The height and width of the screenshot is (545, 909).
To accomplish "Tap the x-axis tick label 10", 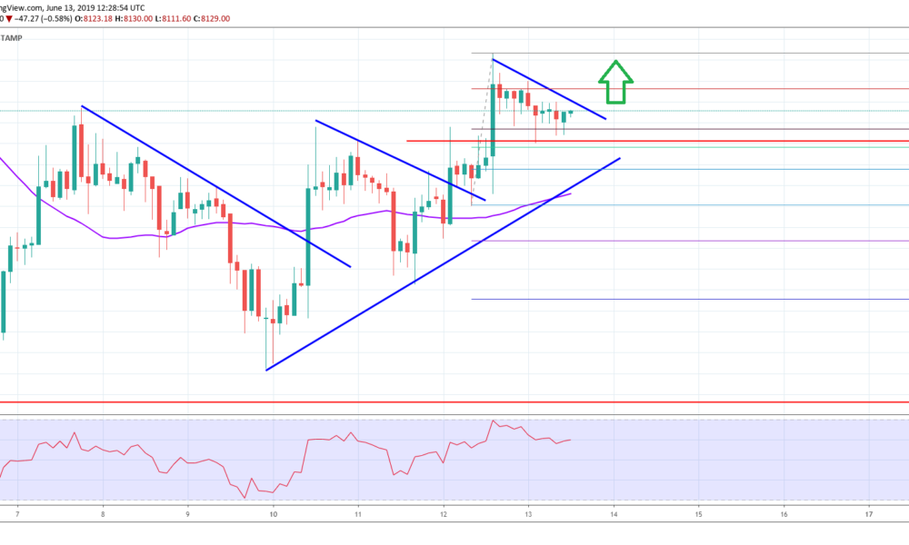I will click(x=273, y=514).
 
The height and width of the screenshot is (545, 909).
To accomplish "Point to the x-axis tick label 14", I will click(x=614, y=514).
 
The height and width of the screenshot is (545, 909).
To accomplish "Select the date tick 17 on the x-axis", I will click(x=870, y=514).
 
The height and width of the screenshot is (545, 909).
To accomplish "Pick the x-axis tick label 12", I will click(x=444, y=514).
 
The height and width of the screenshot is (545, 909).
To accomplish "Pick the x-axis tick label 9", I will click(x=187, y=514).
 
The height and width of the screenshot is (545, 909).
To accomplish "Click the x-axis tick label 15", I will click(x=699, y=514).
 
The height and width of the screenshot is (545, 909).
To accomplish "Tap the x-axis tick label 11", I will click(x=358, y=514).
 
